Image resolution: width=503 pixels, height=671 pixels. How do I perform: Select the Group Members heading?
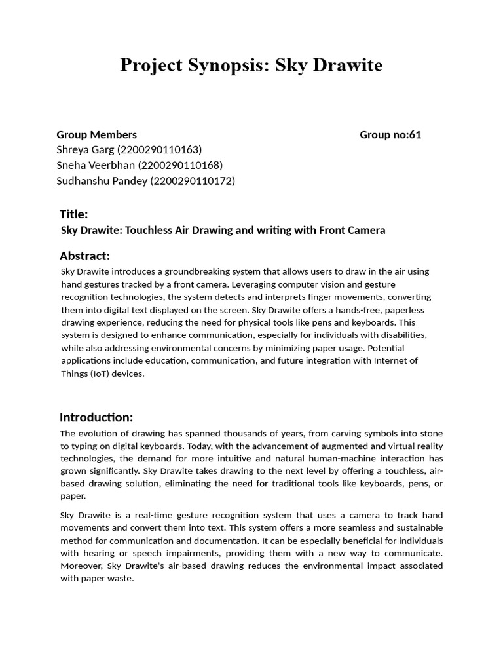[97, 135]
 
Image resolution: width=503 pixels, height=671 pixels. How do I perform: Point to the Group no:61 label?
[390, 135]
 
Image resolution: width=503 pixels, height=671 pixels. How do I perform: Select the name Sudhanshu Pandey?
[102, 181]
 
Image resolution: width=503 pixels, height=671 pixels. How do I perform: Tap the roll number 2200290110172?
[193, 181]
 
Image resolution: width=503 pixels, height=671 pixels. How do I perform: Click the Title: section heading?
[73, 214]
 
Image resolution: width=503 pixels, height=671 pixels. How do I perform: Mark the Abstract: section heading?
[84, 256]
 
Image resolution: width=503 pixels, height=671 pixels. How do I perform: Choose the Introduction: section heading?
[96, 417]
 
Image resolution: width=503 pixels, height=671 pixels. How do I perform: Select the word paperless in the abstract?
[394, 310]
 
